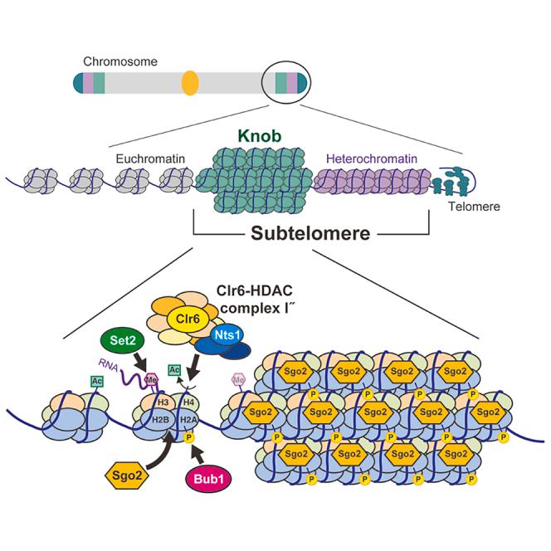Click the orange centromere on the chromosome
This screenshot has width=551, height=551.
(x=190, y=84)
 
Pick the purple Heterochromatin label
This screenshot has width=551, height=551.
(x=368, y=158)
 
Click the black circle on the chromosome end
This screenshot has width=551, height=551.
(x=286, y=84)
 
